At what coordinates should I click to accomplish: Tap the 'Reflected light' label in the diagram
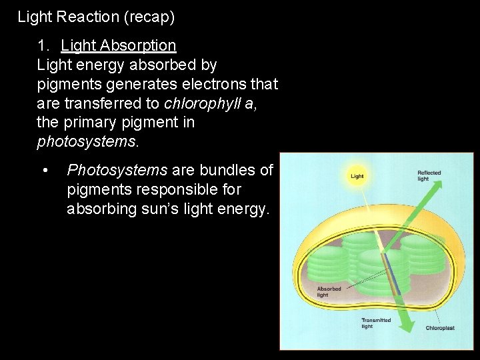coord(429,175)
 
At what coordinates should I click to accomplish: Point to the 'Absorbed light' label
coord(328,291)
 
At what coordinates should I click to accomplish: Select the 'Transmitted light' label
coord(376,323)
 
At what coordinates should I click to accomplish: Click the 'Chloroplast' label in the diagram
coord(440,328)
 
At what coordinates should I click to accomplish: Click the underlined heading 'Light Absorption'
coord(118,46)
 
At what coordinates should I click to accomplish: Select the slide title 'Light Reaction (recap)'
coord(96,17)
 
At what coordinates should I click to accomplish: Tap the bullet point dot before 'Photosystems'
coord(45,171)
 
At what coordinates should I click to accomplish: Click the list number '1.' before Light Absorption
coord(44,46)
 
